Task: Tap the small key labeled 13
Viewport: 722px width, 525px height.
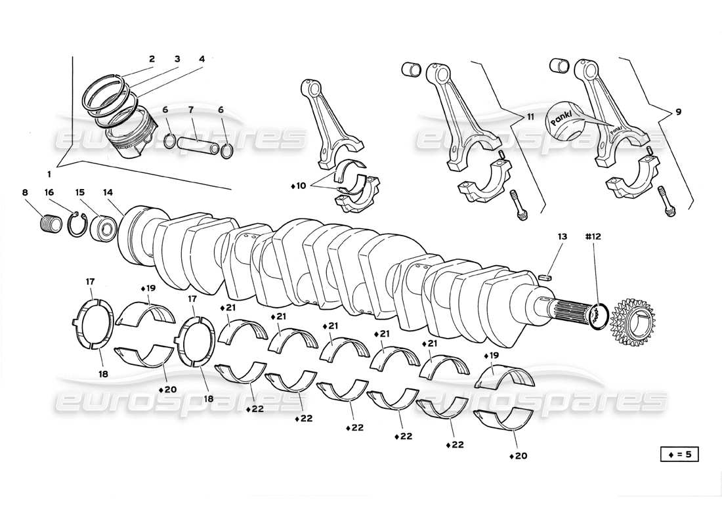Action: [x=544, y=278]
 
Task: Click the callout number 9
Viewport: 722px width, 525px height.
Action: [x=678, y=112]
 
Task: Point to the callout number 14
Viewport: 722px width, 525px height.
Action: [x=108, y=192]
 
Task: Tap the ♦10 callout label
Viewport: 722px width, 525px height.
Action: [x=299, y=186]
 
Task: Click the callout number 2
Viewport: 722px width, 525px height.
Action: [x=152, y=59]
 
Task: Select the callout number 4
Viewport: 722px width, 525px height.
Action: [x=202, y=59]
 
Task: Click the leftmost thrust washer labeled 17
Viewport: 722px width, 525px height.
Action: [x=91, y=322]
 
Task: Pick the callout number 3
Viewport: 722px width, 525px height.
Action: [x=177, y=59]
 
